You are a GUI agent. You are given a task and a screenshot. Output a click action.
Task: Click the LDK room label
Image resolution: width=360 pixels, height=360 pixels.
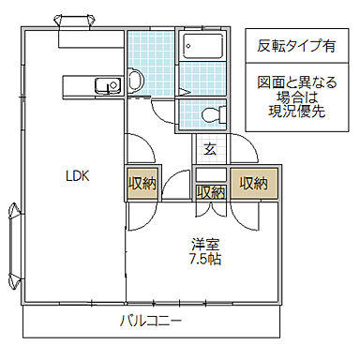[x=77, y=175]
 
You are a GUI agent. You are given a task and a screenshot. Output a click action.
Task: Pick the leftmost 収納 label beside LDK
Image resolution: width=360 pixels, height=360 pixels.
[x=142, y=183]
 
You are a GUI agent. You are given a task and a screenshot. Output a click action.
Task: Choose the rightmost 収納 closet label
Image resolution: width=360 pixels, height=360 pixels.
[x=253, y=183]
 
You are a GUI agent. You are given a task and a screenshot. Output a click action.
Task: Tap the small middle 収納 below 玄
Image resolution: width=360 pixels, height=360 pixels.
[x=210, y=191]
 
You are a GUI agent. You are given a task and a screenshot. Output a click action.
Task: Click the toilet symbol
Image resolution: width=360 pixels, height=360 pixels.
[x=211, y=115]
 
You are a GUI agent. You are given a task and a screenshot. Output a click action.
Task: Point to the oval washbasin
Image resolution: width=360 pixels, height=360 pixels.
[x=135, y=82]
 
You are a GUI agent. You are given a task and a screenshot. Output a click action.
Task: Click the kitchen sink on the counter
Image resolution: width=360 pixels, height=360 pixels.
[x=103, y=87]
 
